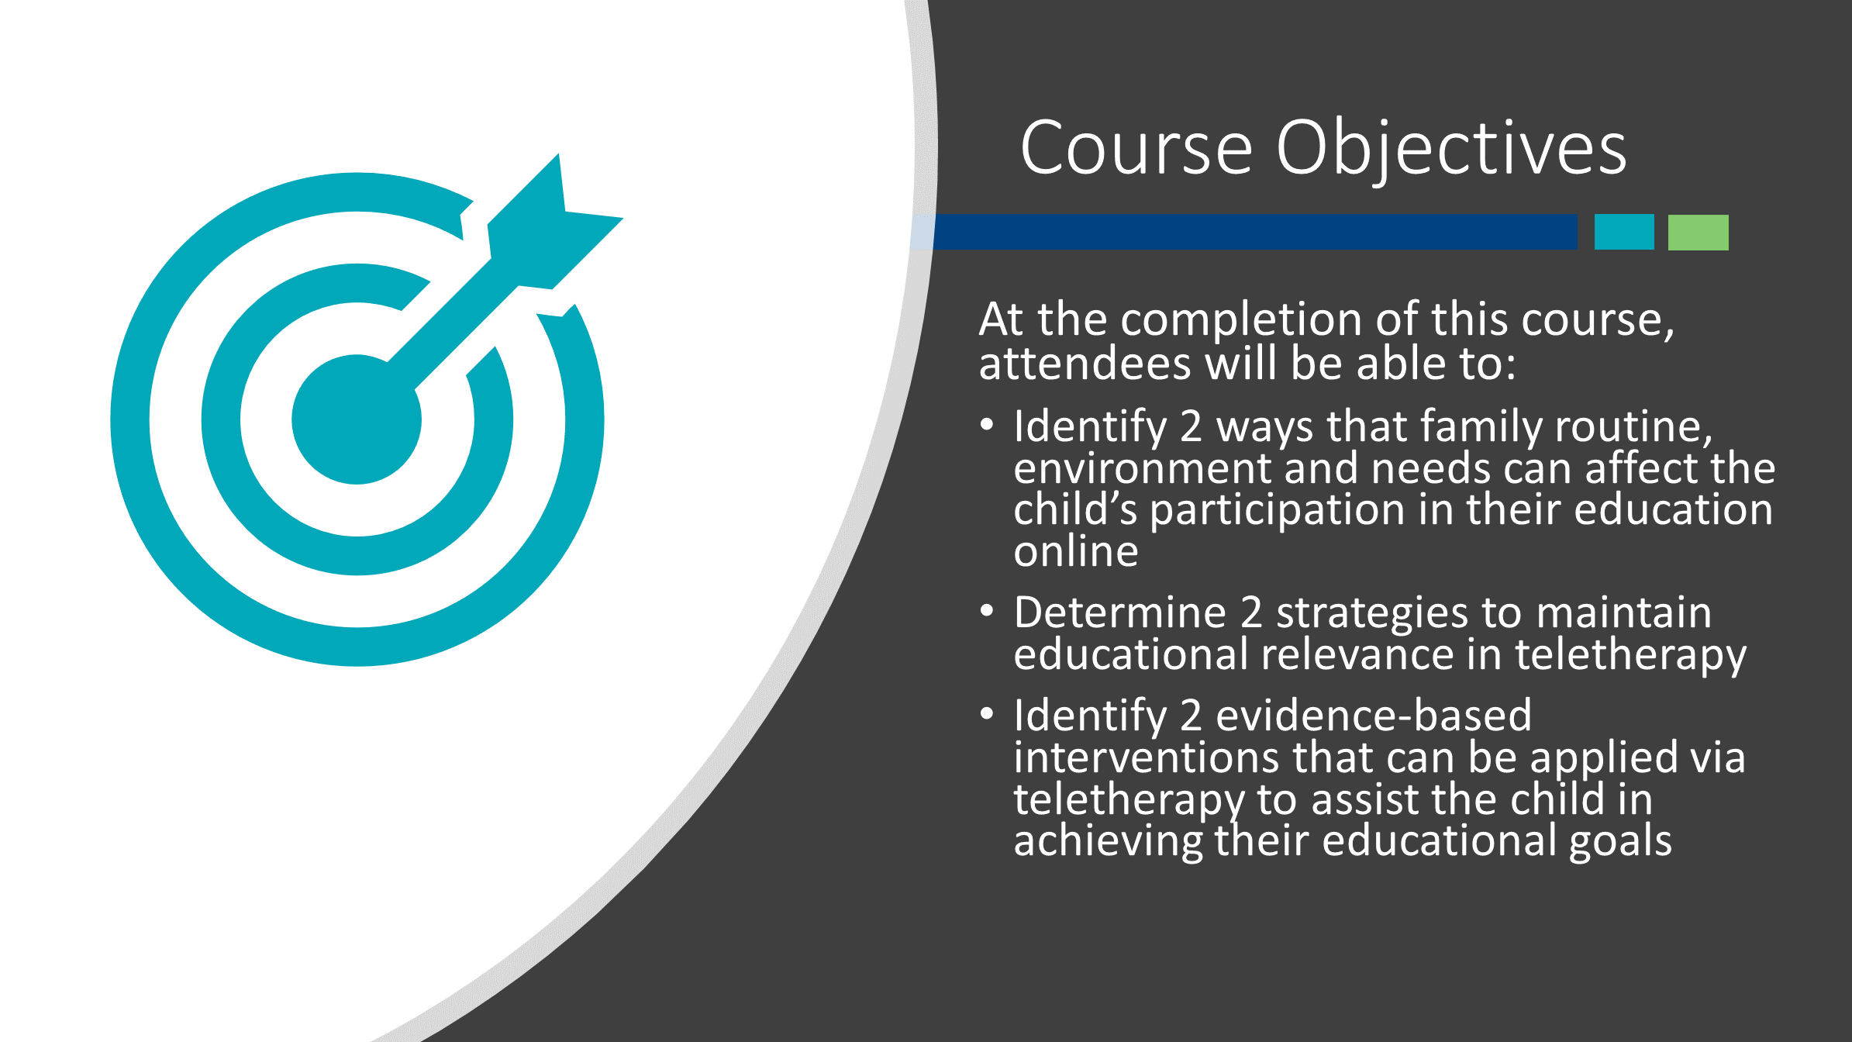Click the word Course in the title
[x=1136, y=147]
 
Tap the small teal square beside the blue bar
[x=1624, y=232]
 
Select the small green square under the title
[x=1699, y=232]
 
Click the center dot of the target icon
[x=357, y=419]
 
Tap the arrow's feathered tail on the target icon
[x=555, y=221]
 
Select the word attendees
[x=1085, y=364]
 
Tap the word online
[x=1076, y=551]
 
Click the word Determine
[x=1120, y=612]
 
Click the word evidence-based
[x=1374, y=715]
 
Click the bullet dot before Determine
[x=987, y=611]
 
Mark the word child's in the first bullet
[x=1075, y=509]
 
